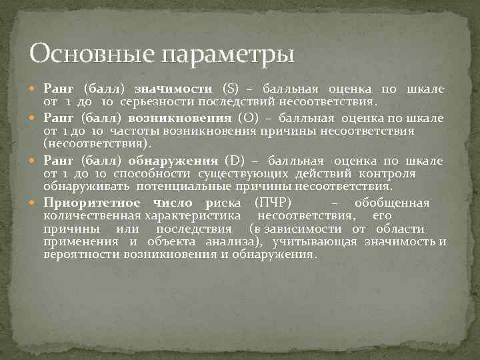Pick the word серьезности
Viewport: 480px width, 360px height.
tap(155, 102)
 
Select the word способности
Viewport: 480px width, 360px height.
tap(147, 174)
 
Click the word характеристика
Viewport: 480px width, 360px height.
tap(195, 216)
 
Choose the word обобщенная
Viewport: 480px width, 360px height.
tap(392, 203)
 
